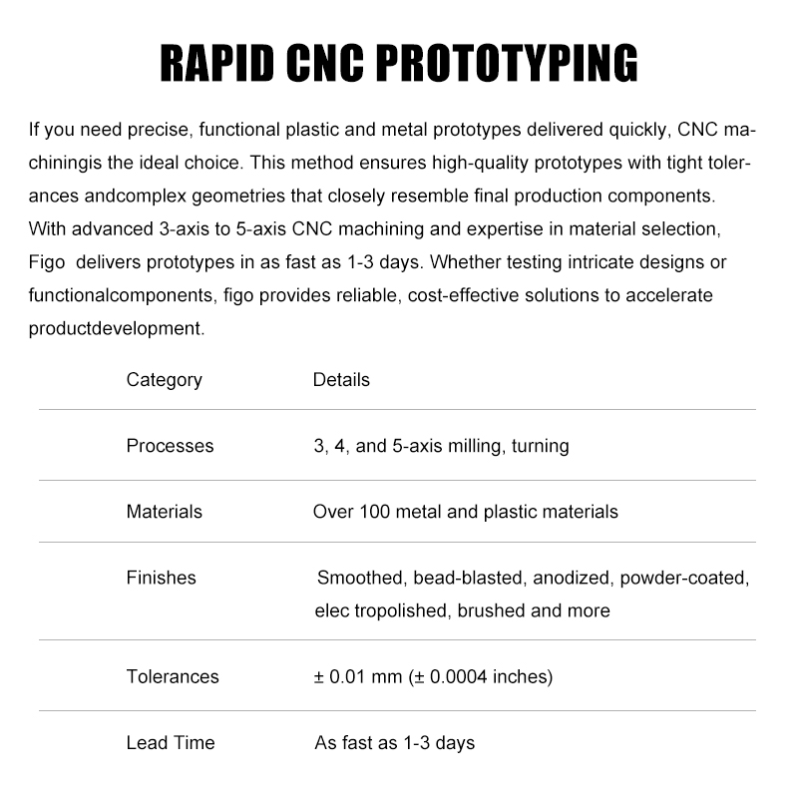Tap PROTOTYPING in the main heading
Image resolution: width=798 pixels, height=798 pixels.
pos(509,64)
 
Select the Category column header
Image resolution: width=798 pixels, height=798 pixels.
pos(164,380)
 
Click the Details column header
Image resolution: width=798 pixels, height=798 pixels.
pos(341,380)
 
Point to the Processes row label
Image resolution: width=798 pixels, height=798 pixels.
pos(170,446)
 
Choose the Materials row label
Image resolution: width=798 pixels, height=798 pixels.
pos(164,512)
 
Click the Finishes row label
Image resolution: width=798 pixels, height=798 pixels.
pos(161,578)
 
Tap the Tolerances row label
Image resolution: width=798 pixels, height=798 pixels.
pos(172,676)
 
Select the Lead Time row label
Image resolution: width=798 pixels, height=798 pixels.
pos(170,743)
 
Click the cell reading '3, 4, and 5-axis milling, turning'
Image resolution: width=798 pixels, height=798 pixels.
pos(441,446)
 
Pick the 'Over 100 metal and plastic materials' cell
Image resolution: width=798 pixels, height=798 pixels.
pos(465,512)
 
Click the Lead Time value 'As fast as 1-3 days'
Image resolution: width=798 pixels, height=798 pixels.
pos(394,743)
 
